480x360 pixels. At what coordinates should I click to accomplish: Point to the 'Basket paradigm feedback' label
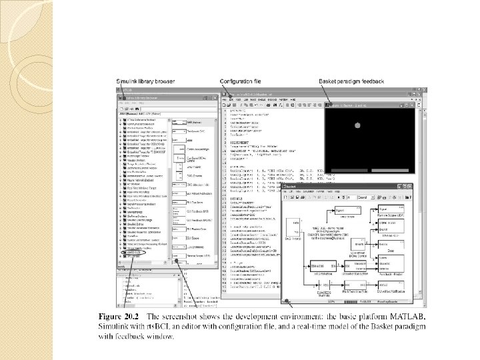click(x=351, y=81)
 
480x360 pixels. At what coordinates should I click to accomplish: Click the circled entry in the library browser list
click(x=134, y=253)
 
